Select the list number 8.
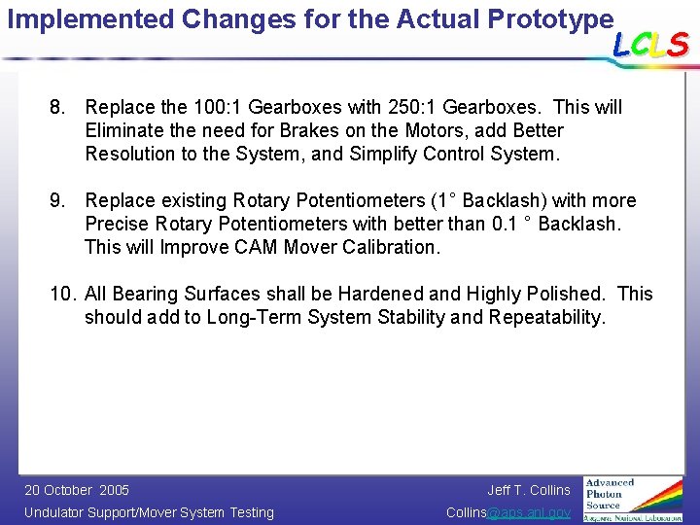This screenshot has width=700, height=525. click(x=57, y=107)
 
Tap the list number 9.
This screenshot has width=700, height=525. click(x=57, y=200)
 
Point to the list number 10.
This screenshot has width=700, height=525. click(x=62, y=294)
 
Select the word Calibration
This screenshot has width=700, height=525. click(x=393, y=247)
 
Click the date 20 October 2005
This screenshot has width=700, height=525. click(x=76, y=490)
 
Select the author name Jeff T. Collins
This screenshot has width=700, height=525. click(x=529, y=490)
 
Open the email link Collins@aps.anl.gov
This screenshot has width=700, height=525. click(x=507, y=512)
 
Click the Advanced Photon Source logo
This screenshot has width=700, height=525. click(x=633, y=499)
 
